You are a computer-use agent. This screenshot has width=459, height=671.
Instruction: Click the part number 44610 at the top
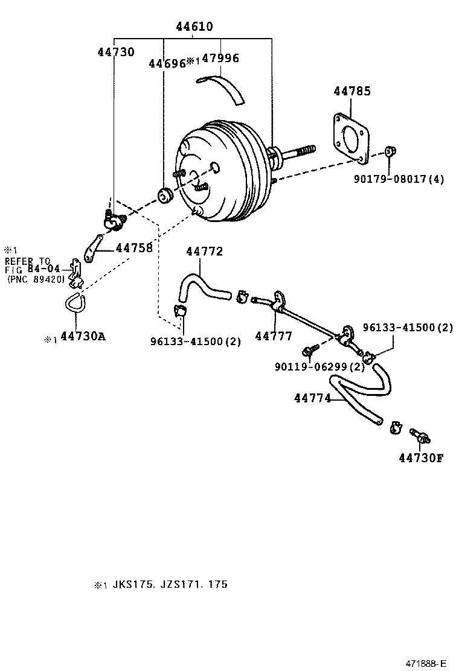pos(194,27)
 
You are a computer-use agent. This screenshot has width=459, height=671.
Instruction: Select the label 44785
pos(352,92)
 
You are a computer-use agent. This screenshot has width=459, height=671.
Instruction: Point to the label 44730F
pos(421,457)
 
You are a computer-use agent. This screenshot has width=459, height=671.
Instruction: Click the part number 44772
pos(204,251)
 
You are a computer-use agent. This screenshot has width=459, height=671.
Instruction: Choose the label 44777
pos(274,336)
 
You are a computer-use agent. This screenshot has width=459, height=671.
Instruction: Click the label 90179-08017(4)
pos(399,179)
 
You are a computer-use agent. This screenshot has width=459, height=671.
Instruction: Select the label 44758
pos(134,247)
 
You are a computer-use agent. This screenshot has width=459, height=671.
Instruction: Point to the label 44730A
pos(83,336)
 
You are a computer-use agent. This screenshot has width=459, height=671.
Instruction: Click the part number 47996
pos(220,59)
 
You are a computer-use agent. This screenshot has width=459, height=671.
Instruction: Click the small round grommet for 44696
pos(164,196)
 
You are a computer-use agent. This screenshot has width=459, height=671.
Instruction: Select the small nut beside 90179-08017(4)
pos(390,151)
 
